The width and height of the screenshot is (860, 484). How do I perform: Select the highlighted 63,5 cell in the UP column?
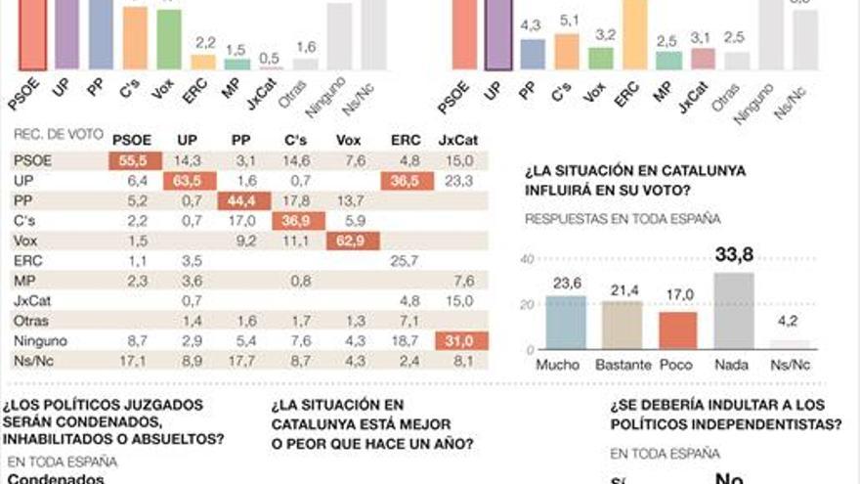pos(193,181)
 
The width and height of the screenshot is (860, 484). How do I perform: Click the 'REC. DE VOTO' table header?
pos(58,135)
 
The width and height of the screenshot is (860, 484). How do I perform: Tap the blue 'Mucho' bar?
pos(565,323)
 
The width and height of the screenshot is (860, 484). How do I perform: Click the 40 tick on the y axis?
pos(528,259)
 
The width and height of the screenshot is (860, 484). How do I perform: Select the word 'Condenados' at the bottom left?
pos(57,478)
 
